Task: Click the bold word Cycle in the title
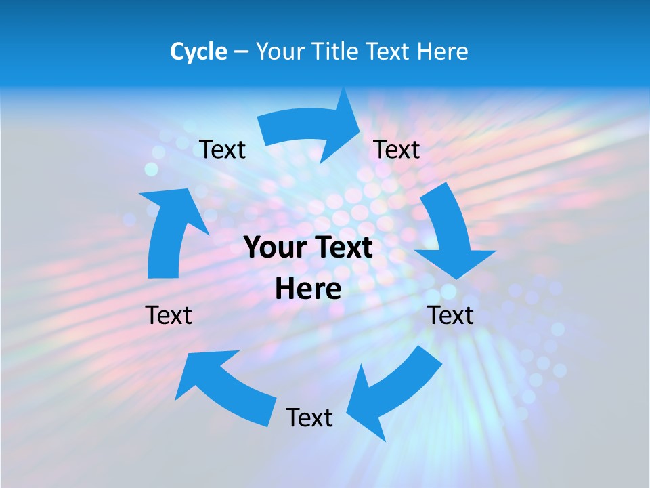198,52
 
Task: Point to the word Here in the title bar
442,52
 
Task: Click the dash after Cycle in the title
240,52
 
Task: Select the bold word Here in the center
308,289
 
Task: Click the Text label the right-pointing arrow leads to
397,149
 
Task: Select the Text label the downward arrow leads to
451,315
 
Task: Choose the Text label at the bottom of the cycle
309,418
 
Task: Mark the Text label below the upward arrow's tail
169,315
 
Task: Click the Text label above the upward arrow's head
222,149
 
